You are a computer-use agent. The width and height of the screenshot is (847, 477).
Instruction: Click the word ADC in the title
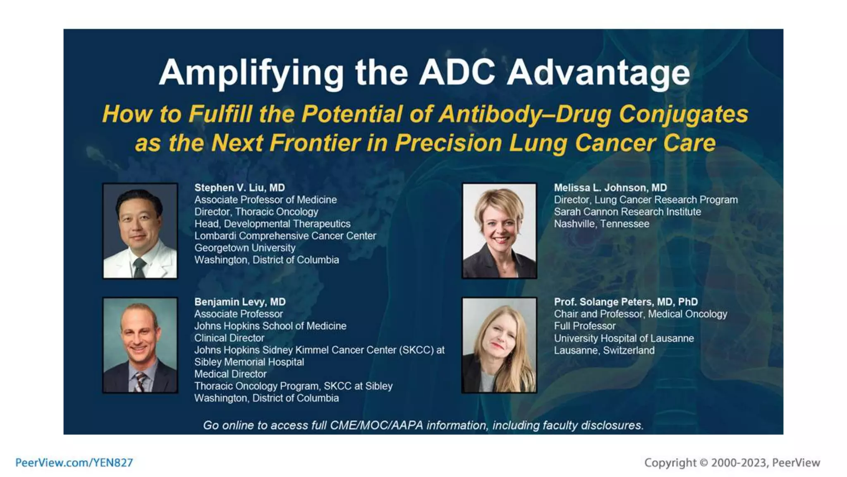tap(457, 72)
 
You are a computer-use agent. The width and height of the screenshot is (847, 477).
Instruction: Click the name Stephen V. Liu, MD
tap(239, 188)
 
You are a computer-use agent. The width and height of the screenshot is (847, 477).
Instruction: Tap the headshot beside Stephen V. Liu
tap(140, 231)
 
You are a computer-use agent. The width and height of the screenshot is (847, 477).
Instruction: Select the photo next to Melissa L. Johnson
tap(499, 231)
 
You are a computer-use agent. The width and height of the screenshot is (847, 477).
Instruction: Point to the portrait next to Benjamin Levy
tap(140, 345)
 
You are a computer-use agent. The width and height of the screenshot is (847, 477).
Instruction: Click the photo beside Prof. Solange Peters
tap(499, 345)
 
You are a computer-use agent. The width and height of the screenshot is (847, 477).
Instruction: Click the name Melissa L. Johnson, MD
tap(610, 188)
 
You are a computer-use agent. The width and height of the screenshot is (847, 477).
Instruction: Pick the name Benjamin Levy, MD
tap(240, 302)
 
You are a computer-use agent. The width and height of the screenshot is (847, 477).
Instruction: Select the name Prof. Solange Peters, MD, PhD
tap(626, 302)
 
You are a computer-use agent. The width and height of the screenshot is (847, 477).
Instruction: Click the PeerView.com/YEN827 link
tap(74, 463)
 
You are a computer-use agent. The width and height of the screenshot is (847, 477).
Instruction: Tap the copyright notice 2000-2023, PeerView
tap(732, 463)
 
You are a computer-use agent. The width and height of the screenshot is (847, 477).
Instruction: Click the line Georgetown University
tap(245, 248)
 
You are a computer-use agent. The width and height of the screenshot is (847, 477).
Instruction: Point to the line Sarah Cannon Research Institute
tap(627, 212)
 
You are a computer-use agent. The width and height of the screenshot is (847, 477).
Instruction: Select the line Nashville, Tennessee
tap(601, 224)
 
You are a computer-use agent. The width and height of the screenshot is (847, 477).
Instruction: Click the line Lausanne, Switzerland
tap(604, 350)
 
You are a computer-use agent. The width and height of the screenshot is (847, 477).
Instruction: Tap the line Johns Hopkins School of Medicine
tap(270, 326)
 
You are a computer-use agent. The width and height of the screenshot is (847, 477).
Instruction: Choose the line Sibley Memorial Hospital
tap(249, 362)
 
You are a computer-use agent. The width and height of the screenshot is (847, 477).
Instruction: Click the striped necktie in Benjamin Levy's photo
tap(140, 381)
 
